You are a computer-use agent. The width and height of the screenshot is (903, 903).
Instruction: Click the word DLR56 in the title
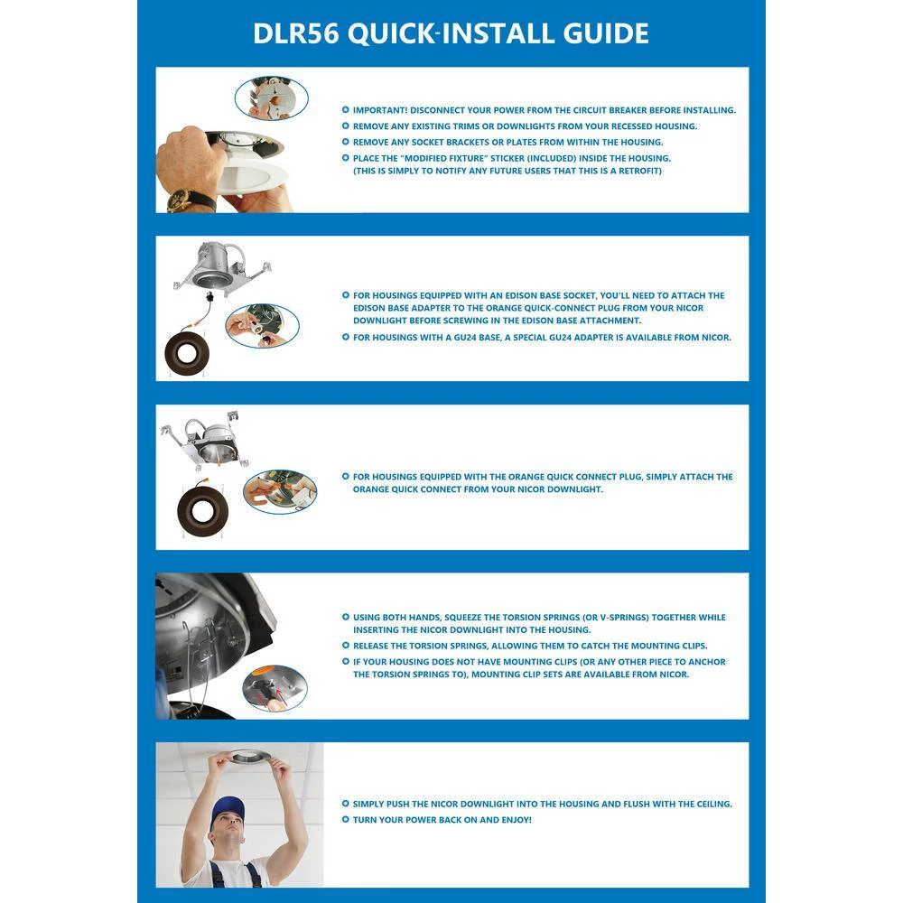coord(296,33)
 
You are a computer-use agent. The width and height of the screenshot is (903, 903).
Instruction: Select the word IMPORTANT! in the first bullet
coord(379,110)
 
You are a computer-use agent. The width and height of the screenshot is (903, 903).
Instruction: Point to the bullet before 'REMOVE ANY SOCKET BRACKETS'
coord(346,142)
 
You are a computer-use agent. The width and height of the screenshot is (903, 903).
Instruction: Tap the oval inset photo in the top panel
coord(271,98)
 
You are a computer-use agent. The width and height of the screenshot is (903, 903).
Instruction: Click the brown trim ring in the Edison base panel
coord(187,353)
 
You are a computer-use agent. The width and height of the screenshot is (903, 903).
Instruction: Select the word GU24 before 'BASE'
coord(465,338)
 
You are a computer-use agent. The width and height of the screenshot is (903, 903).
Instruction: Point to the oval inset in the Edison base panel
coord(262,326)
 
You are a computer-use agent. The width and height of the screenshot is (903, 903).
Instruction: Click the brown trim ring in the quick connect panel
coord(202,512)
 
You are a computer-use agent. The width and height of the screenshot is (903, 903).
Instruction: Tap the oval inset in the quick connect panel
coord(280,492)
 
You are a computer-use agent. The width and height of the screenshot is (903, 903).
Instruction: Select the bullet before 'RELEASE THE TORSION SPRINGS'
coord(346,646)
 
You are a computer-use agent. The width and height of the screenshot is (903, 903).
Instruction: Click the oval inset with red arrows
coord(275,687)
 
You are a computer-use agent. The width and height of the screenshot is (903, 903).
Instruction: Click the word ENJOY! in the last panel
coord(517,820)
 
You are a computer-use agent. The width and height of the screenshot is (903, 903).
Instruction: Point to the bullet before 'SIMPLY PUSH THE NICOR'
coord(346,804)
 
